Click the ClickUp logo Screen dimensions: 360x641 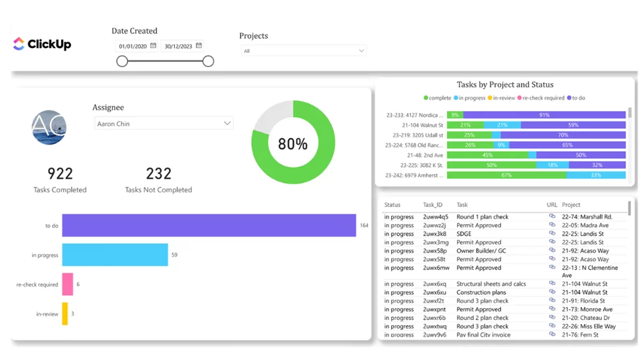(42, 44)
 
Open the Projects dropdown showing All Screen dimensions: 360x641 (303, 51)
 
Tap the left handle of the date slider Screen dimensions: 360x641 (122, 61)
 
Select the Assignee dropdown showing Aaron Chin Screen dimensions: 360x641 (164, 124)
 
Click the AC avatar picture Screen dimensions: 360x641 (49, 127)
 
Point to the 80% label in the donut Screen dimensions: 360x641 (293, 144)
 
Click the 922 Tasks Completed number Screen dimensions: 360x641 (60, 173)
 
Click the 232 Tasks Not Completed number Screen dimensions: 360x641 (158, 173)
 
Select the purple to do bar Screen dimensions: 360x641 (209, 225)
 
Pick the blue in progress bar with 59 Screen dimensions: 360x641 (115, 255)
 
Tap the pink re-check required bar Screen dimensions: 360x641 (68, 284)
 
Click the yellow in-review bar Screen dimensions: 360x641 (65, 314)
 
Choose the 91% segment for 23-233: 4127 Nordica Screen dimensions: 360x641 (544, 115)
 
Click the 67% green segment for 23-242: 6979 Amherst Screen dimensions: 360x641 (506, 175)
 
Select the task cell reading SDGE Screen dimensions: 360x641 (464, 234)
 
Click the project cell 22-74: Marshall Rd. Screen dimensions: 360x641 (586, 217)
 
